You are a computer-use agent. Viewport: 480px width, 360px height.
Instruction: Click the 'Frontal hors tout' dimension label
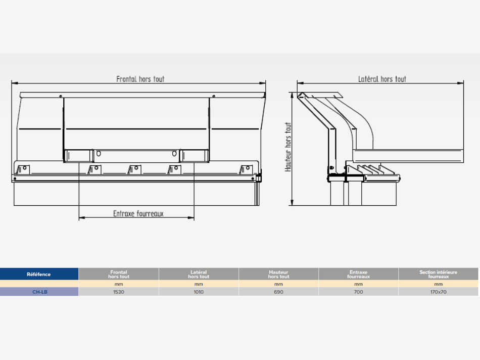pyautogui.click(x=140, y=79)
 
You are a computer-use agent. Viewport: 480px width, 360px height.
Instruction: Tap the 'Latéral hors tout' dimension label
pyautogui.click(x=382, y=79)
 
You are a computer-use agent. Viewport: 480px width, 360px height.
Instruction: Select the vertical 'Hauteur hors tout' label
pyautogui.click(x=288, y=147)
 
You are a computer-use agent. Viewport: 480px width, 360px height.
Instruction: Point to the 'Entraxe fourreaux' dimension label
pyautogui.click(x=138, y=213)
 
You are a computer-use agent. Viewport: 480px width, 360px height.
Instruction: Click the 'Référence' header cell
pyautogui.click(x=39, y=274)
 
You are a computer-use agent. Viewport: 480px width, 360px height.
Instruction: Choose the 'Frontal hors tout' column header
pyautogui.click(x=119, y=274)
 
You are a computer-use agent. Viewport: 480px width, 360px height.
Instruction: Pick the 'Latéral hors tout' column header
pyautogui.click(x=199, y=274)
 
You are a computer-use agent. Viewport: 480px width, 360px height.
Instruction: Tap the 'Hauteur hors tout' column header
pyautogui.click(x=278, y=274)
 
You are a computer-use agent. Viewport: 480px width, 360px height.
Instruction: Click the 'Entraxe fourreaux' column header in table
pyautogui.click(x=358, y=274)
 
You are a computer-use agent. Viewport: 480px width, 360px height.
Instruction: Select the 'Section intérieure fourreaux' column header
pyautogui.click(x=438, y=274)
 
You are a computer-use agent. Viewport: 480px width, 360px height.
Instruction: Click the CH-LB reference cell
pyautogui.click(x=39, y=292)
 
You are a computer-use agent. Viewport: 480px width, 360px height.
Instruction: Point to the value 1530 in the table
pyautogui.click(x=119, y=292)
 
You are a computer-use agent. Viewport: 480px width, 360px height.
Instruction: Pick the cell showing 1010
pyautogui.click(x=199, y=292)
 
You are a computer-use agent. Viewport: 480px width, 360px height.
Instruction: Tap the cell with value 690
pyautogui.click(x=278, y=292)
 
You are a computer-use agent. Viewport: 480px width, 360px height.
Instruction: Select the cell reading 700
pyautogui.click(x=358, y=292)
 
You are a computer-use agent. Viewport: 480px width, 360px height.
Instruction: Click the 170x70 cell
pyautogui.click(x=438, y=292)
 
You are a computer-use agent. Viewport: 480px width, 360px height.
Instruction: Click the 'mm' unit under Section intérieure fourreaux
pyautogui.click(x=438, y=284)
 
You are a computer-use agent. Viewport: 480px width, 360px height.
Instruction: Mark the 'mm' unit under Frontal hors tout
pyautogui.click(x=119, y=284)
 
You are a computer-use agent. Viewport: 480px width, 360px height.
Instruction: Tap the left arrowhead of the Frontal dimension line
pyautogui.click(x=13, y=83)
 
